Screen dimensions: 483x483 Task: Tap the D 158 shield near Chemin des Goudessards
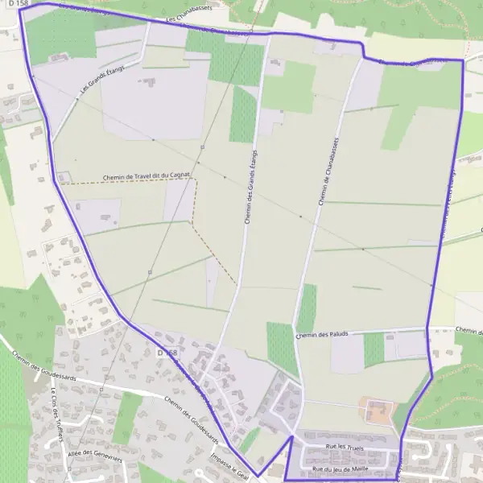point(167,353)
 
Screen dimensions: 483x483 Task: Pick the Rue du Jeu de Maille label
point(340,469)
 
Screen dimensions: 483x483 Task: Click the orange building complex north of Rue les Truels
point(374,411)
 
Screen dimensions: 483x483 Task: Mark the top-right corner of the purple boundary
point(464,60)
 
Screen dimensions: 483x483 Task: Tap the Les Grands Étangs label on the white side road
point(97,83)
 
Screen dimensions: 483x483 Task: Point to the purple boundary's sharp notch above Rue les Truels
point(291,437)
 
